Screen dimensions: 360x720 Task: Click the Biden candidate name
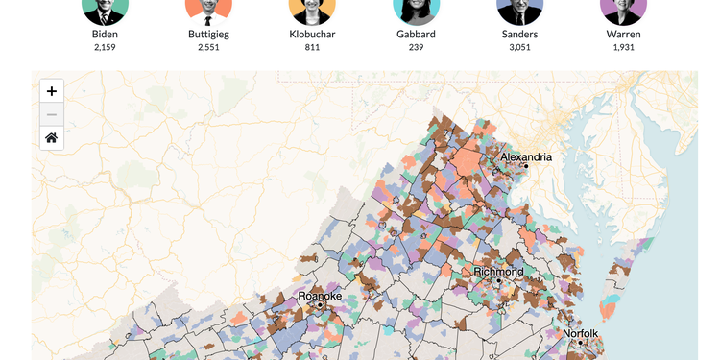click(105, 35)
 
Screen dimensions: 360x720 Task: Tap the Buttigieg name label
click(208, 35)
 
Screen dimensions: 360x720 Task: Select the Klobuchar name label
click(312, 35)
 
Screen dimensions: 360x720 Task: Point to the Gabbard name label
click(416, 35)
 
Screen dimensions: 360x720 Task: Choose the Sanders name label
click(519, 35)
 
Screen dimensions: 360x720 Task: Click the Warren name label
click(623, 35)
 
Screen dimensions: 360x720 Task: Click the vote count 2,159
click(105, 47)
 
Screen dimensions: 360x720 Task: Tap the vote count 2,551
click(208, 47)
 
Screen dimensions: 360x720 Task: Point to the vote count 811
click(312, 47)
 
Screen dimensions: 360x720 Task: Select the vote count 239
click(416, 47)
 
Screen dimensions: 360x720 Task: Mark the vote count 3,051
click(519, 47)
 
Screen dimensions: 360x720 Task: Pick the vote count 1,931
click(623, 47)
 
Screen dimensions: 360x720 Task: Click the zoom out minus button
click(52, 114)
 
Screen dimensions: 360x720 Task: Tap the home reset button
click(52, 138)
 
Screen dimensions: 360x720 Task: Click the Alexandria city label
click(526, 156)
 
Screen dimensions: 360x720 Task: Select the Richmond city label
click(499, 272)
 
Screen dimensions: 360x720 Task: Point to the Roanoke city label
click(320, 296)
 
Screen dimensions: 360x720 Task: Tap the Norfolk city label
click(581, 334)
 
